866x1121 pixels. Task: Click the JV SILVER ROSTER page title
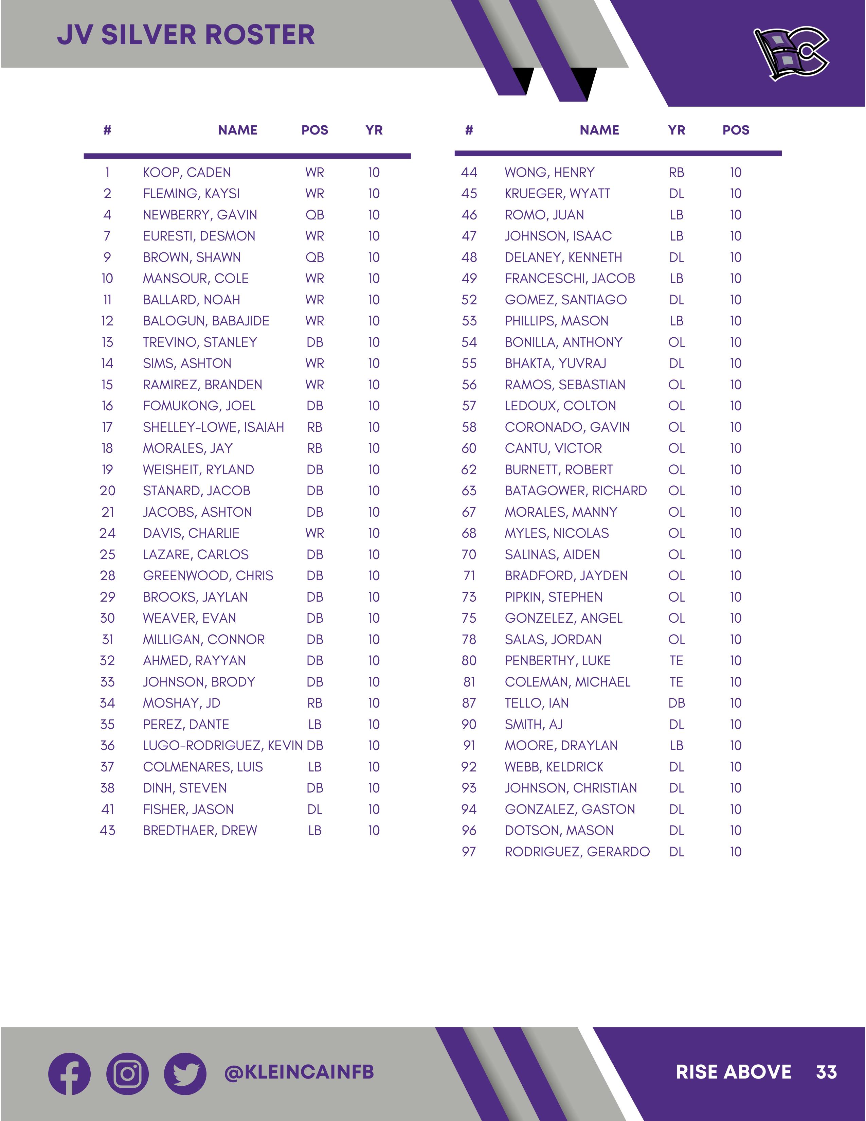point(186,35)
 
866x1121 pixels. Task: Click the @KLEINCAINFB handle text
point(299,1072)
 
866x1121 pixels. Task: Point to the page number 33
point(826,1072)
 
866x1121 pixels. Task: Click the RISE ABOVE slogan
point(733,1072)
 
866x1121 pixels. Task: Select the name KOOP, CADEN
point(187,173)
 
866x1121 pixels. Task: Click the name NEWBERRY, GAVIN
point(200,215)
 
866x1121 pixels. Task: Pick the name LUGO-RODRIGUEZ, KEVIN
point(223,745)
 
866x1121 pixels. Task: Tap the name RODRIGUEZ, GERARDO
point(577,852)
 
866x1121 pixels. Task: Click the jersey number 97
point(469,852)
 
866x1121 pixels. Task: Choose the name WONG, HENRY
point(549,173)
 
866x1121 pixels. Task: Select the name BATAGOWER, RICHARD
point(576,491)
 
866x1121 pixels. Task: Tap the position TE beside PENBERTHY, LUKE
point(676,661)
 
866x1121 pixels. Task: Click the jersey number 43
point(107,831)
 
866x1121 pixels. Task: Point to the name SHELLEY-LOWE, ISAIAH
point(213,427)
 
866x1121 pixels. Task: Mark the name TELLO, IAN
point(537,703)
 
